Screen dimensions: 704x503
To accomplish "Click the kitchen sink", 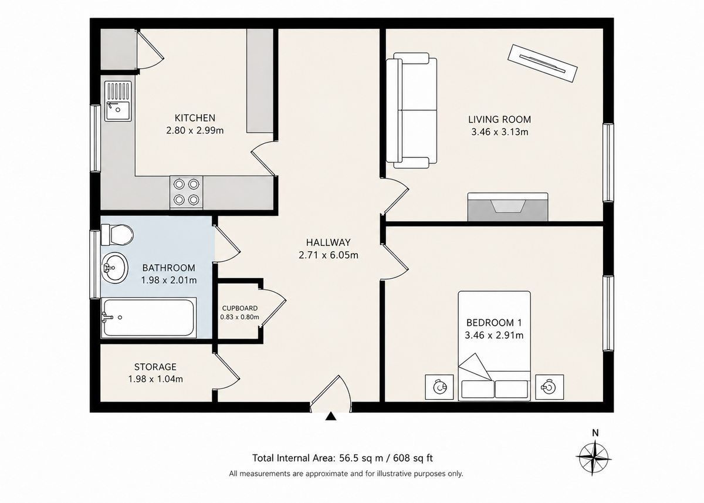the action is pyautogui.click(x=118, y=101).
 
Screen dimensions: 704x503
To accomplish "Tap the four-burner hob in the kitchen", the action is pyautogui.click(x=187, y=192).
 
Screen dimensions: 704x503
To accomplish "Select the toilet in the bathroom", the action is pyautogui.click(x=117, y=235).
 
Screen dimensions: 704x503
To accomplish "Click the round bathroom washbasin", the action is pyautogui.click(x=115, y=268).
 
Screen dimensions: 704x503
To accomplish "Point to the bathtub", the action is pyautogui.click(x=148, y=318).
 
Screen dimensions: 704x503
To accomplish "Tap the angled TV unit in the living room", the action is pyautogui.click(x=543, y=63).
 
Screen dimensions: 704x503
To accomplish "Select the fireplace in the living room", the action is pyautogui.click(x=507, y=207).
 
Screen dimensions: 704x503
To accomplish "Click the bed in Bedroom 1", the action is pyautogui.click(x=495, y=346).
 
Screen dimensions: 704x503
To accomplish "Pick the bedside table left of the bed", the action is pyautogui.click(x=439, y=387).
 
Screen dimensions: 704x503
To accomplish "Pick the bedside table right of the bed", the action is pyautogui.click(x=549, y=387).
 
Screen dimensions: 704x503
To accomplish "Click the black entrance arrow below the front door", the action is pyautogui.click(x=331, y=416).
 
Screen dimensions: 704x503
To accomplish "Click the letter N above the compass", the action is pyautogui.click(x=595, y=433).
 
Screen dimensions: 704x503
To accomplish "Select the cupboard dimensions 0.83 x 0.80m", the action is pyautogui.click(x=240, y=317).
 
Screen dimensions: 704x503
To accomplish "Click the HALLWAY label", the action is pyautogui.click(x=329, y=242).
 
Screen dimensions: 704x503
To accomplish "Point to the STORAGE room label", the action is pyautogui.click(x=155, y=367).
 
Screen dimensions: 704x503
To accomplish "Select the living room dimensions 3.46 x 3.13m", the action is pyautogui.click(x=500, y=131).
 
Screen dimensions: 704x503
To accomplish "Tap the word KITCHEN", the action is pyautogui.click(x=195, y=118).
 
